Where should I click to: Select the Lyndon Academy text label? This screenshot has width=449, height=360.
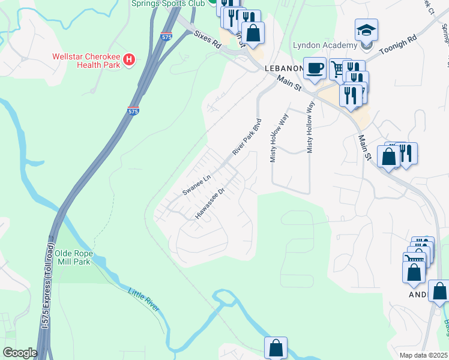click(325, 45)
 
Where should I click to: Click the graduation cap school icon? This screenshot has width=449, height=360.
click(366, 29)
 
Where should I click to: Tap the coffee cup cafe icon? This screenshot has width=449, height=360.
click(314, 68)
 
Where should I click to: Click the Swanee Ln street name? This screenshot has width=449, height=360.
click(197, 185)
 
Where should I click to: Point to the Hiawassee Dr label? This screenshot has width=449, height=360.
click(209, 203)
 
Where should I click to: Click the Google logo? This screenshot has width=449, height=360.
click(20, 353)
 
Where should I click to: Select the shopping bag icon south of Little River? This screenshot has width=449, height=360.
click(276, 347)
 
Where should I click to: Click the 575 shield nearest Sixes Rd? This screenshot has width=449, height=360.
click(166, 37)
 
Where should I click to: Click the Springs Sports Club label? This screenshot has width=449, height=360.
click(168, 3)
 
